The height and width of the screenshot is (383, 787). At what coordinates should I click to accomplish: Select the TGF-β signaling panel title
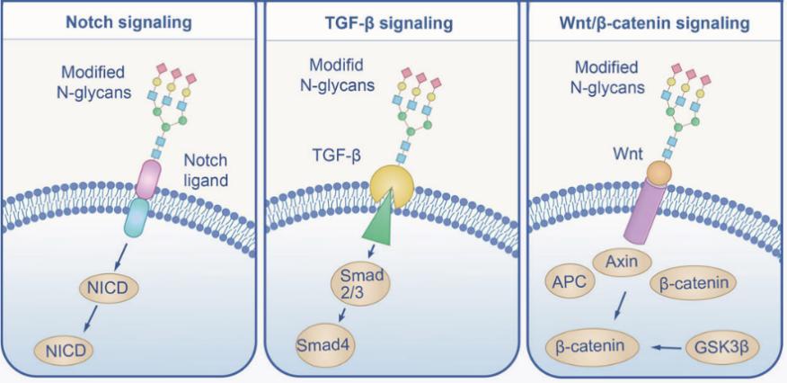click(393, 22)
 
